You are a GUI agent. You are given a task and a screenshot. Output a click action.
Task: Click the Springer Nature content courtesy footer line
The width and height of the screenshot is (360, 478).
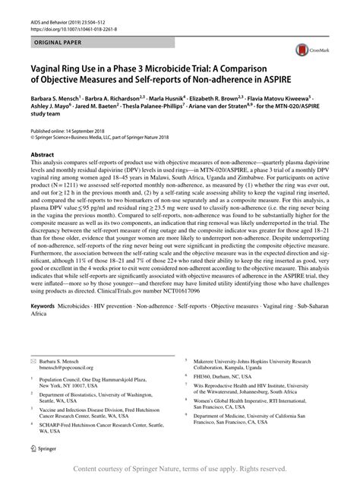click(x=180, y=469)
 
